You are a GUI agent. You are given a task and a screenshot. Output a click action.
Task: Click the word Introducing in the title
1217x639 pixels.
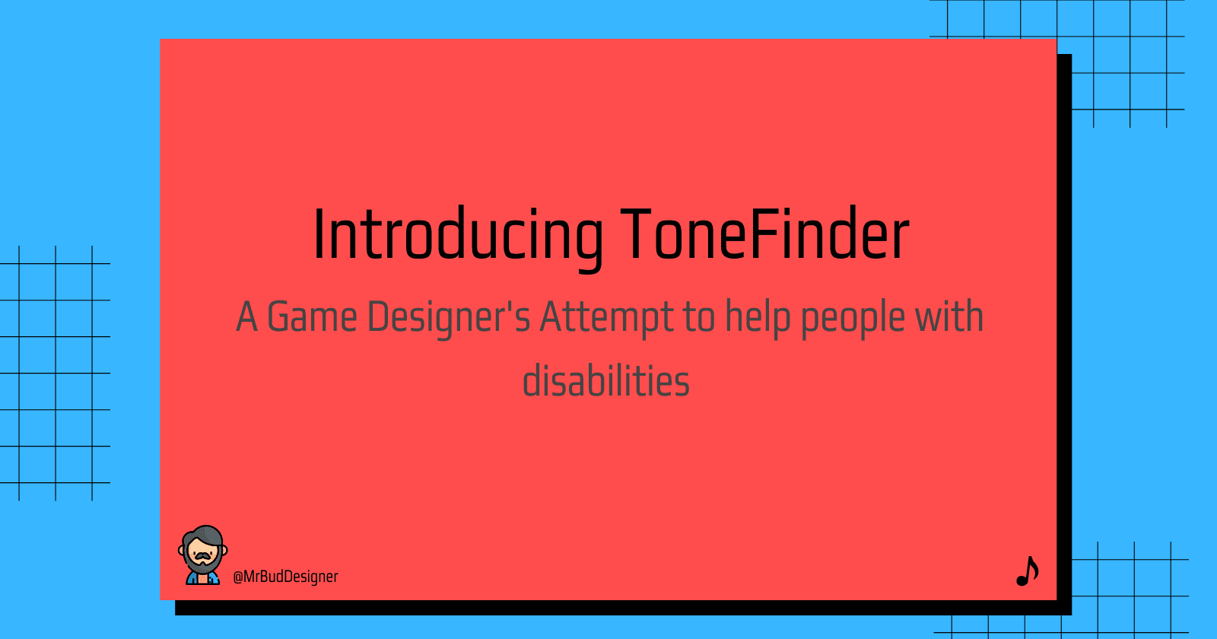458,238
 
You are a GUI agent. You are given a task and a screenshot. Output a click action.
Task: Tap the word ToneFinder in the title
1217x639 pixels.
765,234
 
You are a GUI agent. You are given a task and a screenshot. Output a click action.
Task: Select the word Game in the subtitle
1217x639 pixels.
312,316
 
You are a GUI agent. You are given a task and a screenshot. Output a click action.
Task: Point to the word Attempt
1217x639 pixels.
605,319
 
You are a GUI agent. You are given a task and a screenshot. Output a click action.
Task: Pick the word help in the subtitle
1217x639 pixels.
758,319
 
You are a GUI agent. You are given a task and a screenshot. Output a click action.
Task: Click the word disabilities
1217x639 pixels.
605,380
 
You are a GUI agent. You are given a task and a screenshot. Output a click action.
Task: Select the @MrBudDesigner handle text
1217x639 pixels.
285,577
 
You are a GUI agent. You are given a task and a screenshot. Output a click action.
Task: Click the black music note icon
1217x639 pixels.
1028,571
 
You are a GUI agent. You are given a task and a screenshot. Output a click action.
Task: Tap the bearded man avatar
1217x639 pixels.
202,555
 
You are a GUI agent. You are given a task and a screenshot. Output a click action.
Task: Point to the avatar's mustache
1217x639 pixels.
202,556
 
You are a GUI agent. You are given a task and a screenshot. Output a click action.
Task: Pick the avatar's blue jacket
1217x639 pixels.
202,578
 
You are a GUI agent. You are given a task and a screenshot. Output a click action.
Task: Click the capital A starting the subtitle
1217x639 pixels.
246,316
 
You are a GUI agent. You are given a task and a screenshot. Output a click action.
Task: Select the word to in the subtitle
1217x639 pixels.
699,319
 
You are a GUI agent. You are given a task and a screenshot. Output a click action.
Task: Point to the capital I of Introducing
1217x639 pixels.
318,234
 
